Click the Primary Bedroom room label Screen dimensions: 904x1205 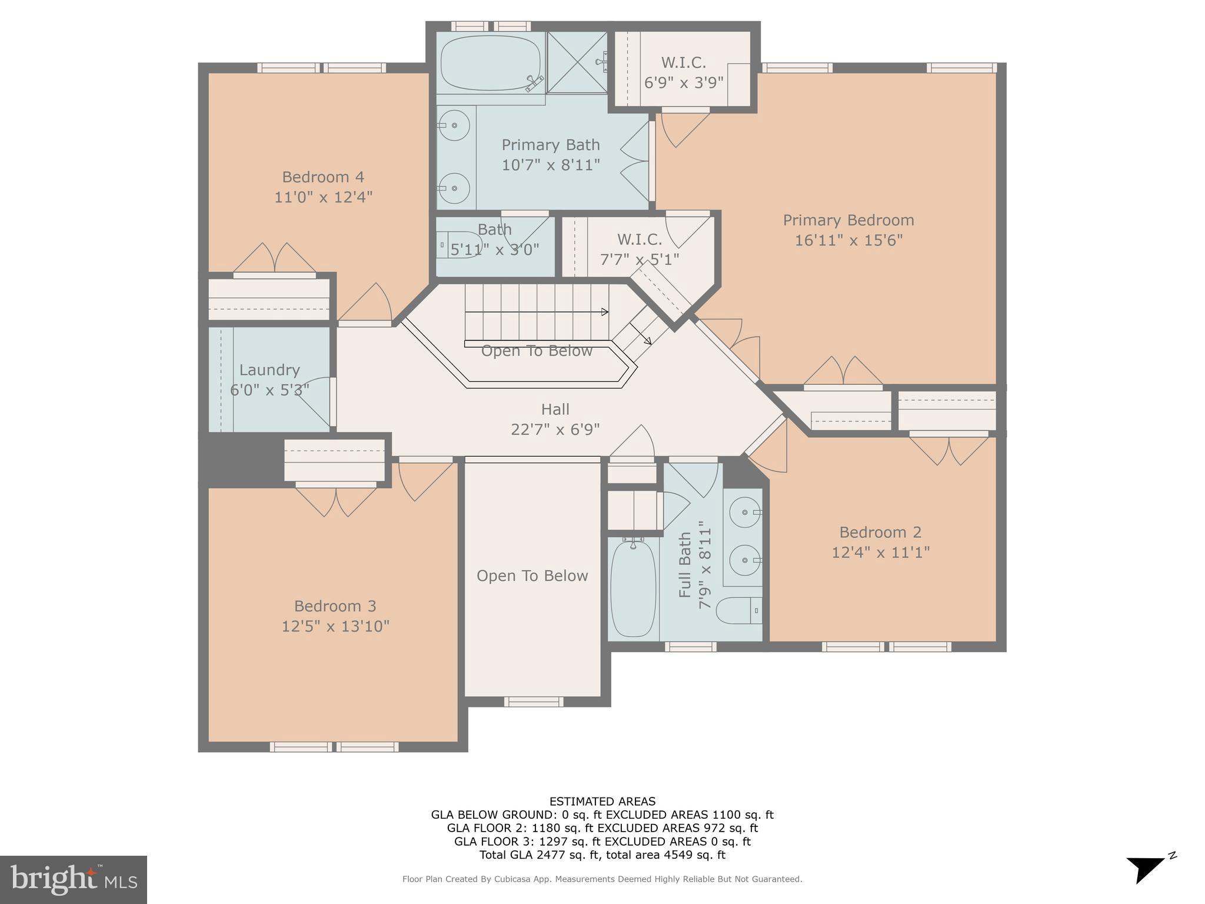coord(848,220)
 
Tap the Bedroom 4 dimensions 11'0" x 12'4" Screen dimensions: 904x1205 coord(323,197)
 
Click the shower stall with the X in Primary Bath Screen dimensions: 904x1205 coord(576,62)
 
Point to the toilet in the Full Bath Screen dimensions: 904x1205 coord(739,610)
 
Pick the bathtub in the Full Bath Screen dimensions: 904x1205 coord(633,589)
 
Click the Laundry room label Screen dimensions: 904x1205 coord(269,370)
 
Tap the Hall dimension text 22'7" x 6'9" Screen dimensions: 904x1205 coord(555,429)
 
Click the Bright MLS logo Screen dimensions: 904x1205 coord(73,879)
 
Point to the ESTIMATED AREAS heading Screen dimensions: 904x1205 coord(602,801)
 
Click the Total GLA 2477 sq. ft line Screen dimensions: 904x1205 coord(602,855)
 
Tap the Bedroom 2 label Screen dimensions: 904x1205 coord(880,532)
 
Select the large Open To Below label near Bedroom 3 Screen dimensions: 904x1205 coord(532,576)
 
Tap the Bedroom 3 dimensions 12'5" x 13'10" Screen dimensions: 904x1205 coord(335,626)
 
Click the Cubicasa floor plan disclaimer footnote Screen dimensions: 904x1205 coord(602,879)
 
